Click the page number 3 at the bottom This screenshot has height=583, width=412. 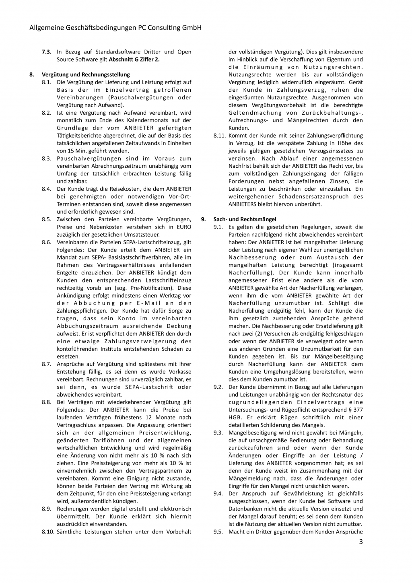click(361, 542)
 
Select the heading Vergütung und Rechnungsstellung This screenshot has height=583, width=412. click(86, 74)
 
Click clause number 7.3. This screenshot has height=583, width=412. click(47, 52)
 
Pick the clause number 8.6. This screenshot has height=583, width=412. click(47, 242)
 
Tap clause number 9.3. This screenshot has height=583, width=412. click(218, 433)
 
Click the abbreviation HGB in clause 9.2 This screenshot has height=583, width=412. click(235, 417)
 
